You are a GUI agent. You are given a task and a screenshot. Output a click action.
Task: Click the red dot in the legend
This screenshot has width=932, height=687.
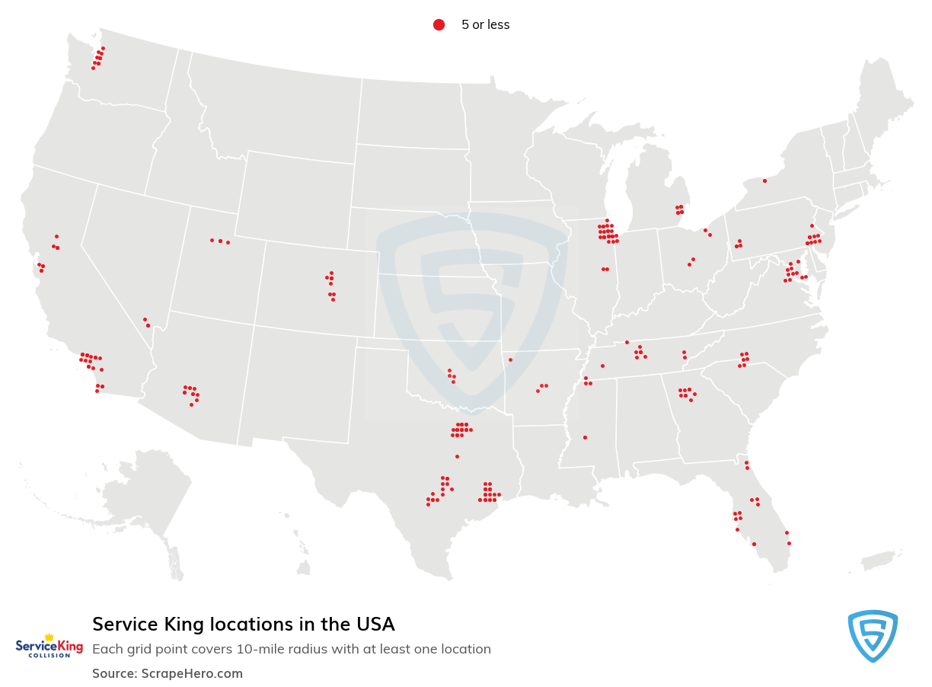[439, 25]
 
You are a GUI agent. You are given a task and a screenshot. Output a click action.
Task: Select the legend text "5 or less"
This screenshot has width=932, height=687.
[485, 25]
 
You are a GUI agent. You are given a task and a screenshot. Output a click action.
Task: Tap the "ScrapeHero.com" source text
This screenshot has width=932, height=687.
[192, 673]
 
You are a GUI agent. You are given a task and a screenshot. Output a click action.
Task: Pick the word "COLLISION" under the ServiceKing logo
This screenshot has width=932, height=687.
[49, 656]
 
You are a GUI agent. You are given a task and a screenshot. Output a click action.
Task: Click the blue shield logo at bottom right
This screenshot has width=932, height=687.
[873, 635]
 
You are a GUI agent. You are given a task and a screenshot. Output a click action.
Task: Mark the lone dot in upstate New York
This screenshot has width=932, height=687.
[764, 181]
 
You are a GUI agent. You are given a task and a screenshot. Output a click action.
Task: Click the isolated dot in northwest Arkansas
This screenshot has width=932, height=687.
[510, 359]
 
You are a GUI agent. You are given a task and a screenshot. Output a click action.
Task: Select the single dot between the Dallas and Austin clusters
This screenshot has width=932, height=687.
[457, 456]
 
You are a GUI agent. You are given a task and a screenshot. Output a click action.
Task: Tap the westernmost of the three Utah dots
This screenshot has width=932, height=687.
[212, 240]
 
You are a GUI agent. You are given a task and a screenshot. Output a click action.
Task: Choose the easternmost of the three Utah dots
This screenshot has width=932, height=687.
[228, 242]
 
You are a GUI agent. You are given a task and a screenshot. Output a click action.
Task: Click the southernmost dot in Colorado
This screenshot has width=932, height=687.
[333, 299]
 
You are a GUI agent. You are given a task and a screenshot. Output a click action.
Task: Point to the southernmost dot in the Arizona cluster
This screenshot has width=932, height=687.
[191, 404]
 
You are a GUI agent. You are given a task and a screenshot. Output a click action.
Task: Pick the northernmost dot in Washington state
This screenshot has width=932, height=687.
[103, 48]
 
